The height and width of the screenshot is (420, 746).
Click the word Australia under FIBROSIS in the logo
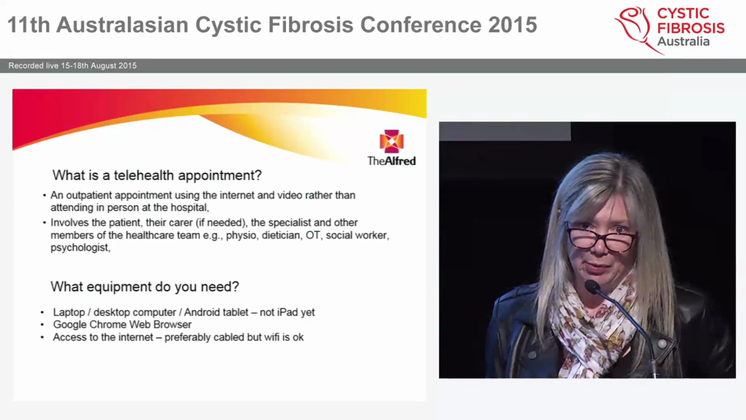683,41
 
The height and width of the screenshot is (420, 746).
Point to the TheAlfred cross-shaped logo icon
391,142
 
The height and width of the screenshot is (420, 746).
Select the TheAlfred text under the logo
391,160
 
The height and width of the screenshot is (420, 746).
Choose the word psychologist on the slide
80,247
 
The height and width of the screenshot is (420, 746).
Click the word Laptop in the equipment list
69,312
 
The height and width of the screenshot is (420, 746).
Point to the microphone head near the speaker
592,286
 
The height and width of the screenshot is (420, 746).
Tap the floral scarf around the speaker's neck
589,327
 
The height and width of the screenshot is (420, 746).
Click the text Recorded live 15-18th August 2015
72,66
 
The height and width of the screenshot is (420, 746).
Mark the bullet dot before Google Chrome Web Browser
43,325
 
